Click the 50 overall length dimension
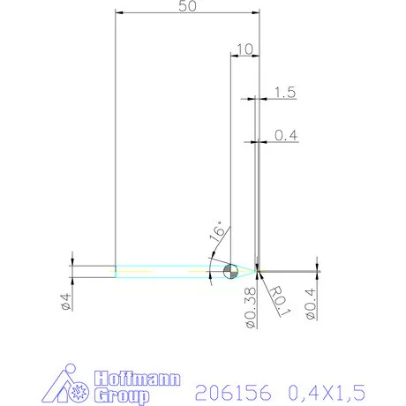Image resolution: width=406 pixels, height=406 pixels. pos(187,6)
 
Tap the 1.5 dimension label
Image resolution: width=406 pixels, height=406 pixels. pos(284,92)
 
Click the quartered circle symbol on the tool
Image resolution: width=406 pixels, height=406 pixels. pos(230,270)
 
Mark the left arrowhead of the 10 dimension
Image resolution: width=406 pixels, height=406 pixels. pos(234,56)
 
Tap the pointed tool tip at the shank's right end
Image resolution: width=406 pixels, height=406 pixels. pos(256,270)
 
